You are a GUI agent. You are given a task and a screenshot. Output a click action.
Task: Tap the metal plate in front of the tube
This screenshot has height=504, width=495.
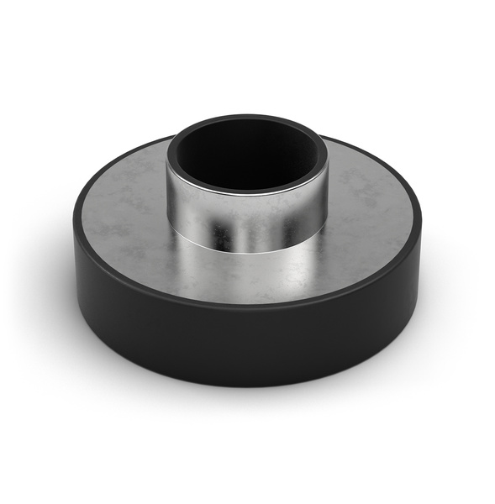point(252,277)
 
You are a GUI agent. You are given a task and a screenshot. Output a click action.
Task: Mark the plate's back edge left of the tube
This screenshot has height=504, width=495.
point(134,160)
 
